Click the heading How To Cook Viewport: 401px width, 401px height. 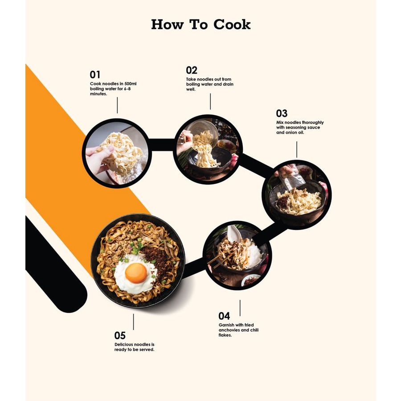click(201, 25)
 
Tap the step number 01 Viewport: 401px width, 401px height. click(95, 75)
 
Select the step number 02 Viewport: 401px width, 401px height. click(192, 70)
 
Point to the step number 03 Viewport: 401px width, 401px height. click(282, 113)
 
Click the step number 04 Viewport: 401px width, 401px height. click(224, 316)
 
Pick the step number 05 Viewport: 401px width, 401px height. click(120, 335)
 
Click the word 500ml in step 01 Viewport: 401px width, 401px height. click(131, 84)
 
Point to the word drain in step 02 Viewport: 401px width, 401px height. click(227, 84)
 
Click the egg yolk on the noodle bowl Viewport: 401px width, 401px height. click(136, 273)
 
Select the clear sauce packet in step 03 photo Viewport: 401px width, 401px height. click(291, 177)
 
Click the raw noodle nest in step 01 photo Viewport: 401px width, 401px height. click(120, 153)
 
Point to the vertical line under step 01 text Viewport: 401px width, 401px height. click(117, 105)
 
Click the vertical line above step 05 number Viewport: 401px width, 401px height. click(133, 322)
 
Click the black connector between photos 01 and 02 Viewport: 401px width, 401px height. click(162, 145)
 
